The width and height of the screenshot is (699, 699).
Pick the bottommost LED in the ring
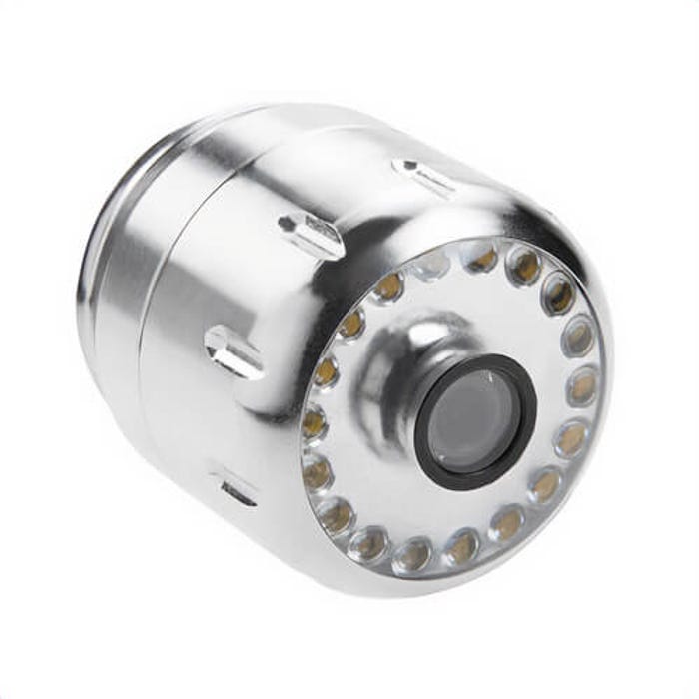click(411, 556)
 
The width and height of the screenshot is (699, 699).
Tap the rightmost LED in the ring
click(581, 387)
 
